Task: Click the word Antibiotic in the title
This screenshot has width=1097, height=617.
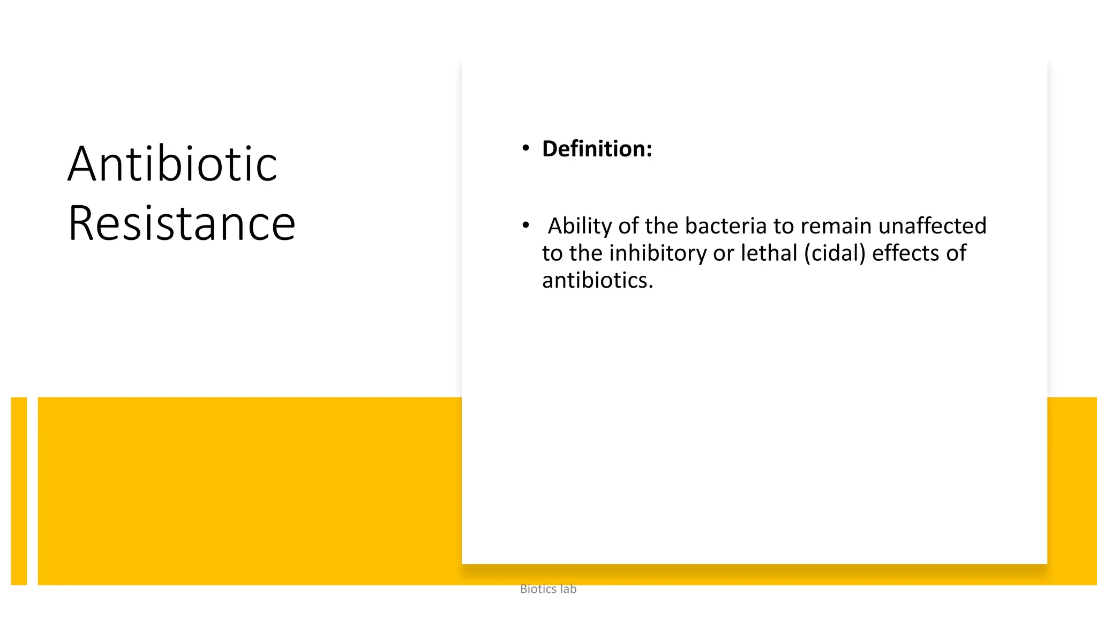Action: point(172,164)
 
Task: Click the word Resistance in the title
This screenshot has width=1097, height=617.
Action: point(182,223)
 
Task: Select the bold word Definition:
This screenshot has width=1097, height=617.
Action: point(597,149)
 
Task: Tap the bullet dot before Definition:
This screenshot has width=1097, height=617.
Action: point(526,148)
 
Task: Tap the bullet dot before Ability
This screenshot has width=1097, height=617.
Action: point(526,225)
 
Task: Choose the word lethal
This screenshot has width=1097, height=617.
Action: point(769,253)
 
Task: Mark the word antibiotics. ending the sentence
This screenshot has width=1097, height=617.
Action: point(597,281)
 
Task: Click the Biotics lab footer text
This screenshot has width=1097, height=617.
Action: point(548,589)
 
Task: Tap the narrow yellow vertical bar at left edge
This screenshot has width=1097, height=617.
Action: point(19,491)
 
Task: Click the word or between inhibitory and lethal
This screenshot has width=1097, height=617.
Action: point(724,253)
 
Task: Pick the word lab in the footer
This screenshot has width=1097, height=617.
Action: point(568,589)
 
